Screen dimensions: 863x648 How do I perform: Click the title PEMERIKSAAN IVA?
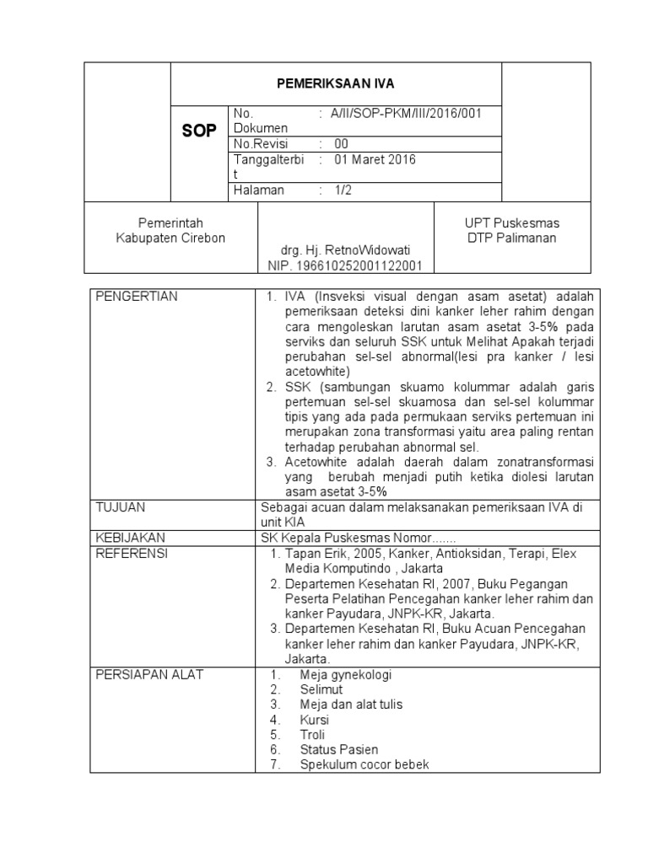coord(337,83)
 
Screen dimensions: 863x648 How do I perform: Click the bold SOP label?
coord(200,131)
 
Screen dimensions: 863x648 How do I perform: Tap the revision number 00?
coord(341,143)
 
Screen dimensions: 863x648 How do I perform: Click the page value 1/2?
coord(343,190)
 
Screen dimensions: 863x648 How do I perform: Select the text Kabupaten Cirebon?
coord(170,238)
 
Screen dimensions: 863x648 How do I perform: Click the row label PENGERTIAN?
coord(136,297)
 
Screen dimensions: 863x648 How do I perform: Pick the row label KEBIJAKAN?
coord(130,537)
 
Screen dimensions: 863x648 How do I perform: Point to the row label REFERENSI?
coord(132,553)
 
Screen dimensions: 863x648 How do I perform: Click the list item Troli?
coord(312,735)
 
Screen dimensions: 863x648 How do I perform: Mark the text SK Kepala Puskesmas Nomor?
coord(347,538)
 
